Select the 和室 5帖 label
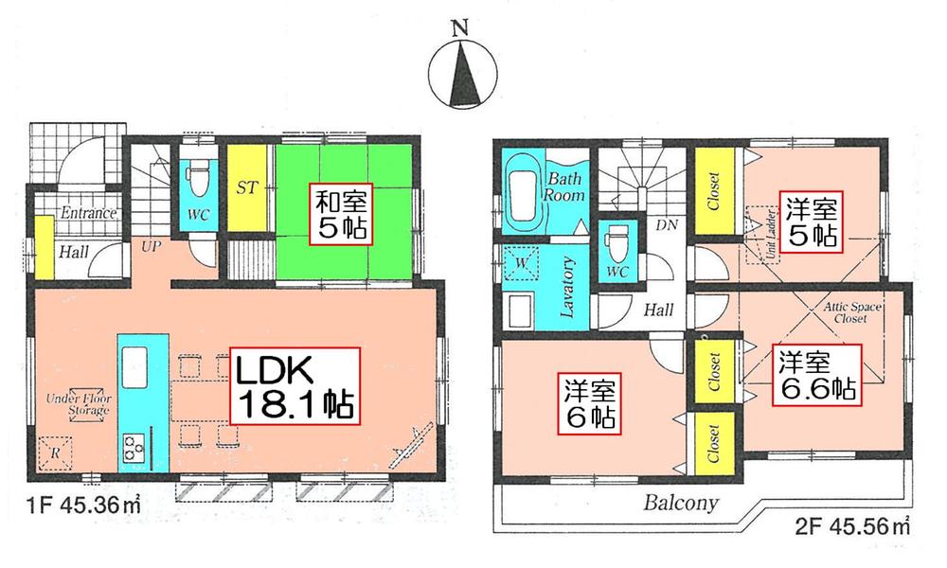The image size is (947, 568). click(343, 215)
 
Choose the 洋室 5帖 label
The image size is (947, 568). click(808, 221)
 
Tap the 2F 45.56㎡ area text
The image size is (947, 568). click(858, 524)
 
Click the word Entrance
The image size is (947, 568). click(87, 214)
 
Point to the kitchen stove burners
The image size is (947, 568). click(133, 443)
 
